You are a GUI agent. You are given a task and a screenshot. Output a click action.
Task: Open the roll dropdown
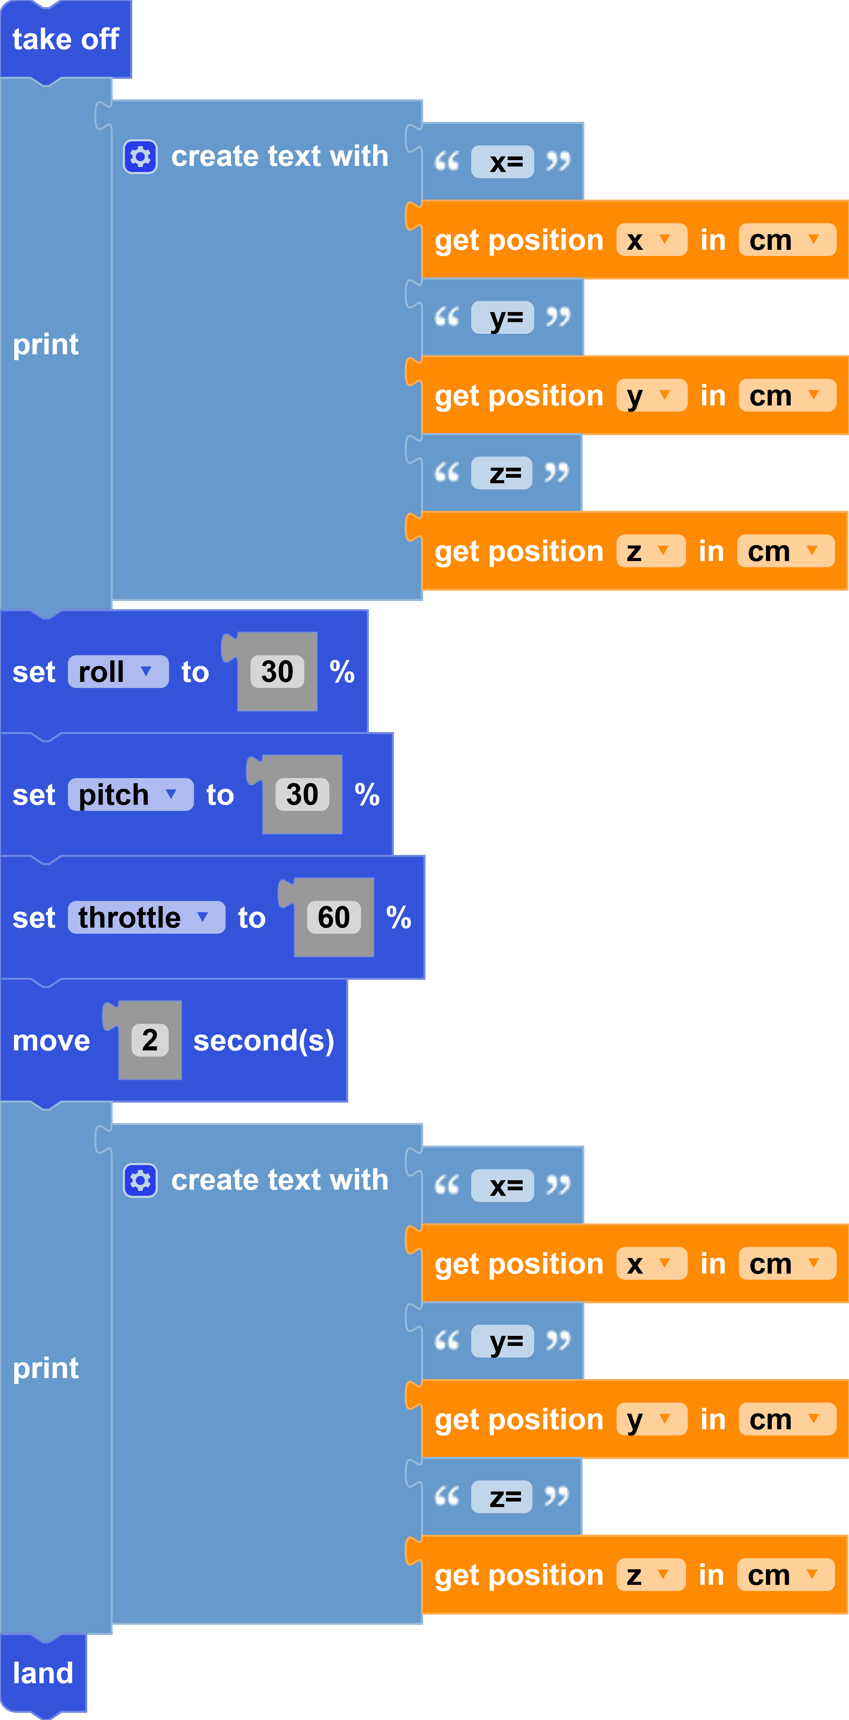click(x=117, y=672)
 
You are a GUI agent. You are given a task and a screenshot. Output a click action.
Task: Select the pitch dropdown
click(x=130, y=794)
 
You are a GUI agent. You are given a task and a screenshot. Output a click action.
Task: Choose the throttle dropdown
click(x=145, y=917)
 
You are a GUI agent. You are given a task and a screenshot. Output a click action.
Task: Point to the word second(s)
click(x=264, y=1040)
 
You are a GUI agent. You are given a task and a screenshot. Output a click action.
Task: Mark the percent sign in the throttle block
click(x=398, y=917)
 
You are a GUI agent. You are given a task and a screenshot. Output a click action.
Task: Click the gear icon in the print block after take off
click(x=140, y=156)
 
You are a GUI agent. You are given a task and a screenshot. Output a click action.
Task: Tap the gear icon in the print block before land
click(x=140, y=1180)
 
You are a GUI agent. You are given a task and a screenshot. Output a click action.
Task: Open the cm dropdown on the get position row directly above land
click(x=786, y=1575)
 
